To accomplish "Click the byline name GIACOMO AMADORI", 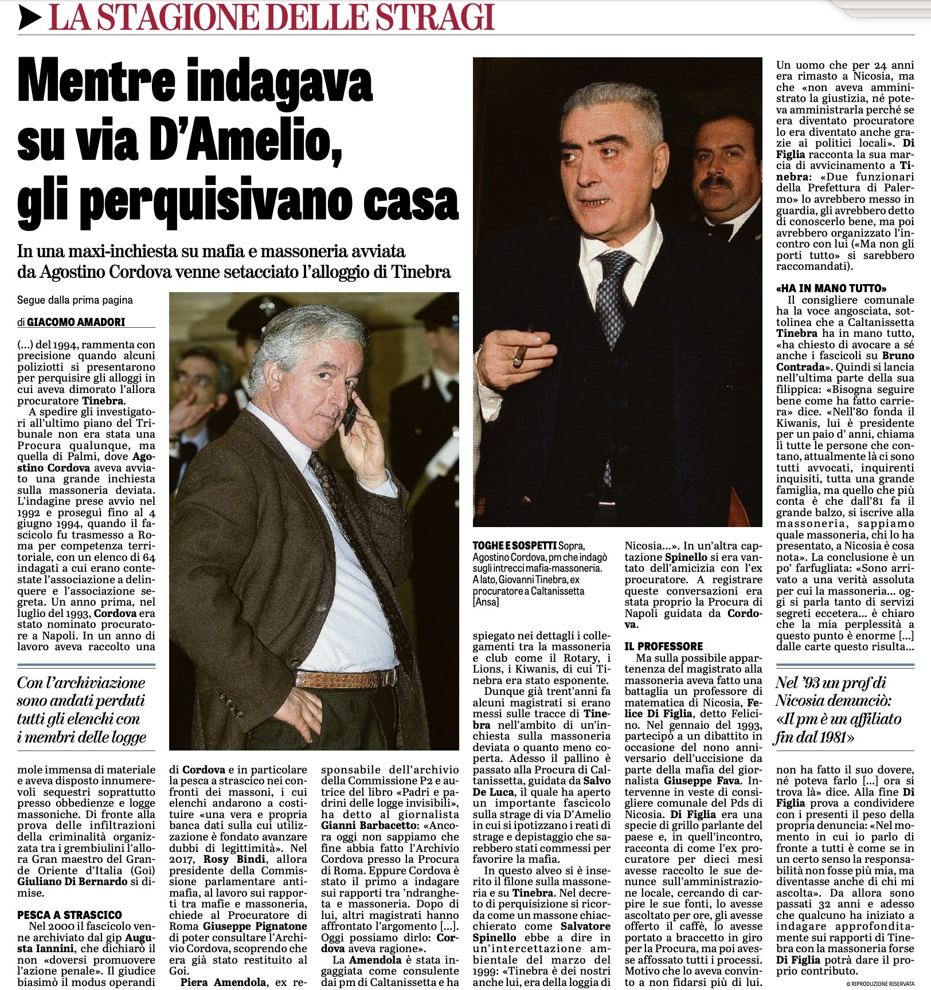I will [x=76, y=322].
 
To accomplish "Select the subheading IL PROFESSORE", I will [x=663, y=646].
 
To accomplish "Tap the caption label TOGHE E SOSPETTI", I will [x=514, y=546].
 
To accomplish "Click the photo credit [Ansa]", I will [x=486, y=602].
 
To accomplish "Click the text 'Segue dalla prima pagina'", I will [x=75, y=300].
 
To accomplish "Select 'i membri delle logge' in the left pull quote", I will [x=81, y=737].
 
